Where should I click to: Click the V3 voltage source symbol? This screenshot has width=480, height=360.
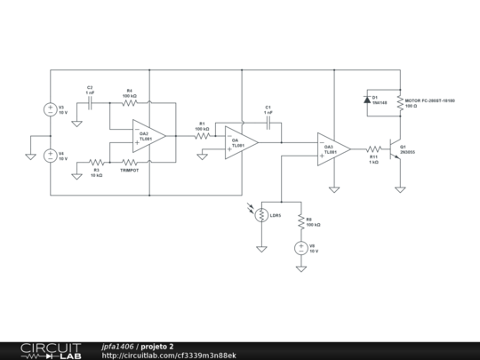pos(50,110)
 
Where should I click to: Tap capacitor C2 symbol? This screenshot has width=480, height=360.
pos(91,103)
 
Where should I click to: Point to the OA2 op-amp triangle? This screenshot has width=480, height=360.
pos(148,136)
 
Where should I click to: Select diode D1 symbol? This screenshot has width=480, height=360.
pos(368,100)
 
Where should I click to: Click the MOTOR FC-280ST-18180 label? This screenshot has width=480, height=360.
pos(430,101)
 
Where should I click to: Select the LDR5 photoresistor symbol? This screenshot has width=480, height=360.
pos(261,215)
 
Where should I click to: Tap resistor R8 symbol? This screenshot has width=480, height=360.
pos(301,222)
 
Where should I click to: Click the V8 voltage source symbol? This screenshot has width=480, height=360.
pos(301,248)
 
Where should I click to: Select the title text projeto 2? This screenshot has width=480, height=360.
pos(157,346)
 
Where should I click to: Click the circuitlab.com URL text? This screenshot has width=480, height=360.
pos(169,355)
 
